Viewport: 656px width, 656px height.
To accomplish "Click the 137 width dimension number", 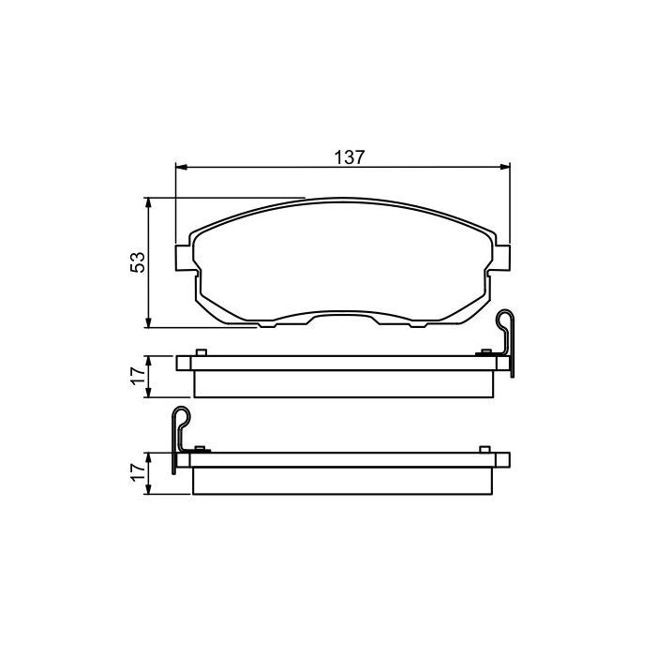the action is [x=350, y=157].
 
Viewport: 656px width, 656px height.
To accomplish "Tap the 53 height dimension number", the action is [x=138, y=262].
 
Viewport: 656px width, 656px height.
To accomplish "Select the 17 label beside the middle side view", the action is [x=138, y=377].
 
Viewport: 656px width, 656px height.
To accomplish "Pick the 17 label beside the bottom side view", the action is [x=138, y=472].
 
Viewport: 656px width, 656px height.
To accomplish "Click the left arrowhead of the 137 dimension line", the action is [x=181, y=167].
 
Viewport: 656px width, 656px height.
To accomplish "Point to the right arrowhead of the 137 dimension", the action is [x=505, y=167].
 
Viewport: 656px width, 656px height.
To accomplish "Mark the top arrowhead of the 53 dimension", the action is [x=148, y=203].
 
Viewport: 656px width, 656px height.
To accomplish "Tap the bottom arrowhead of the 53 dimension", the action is [x=148, y=322].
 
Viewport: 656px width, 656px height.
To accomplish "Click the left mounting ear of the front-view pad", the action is [x=184, y=258].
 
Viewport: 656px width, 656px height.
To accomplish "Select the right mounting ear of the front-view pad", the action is [x=501, y=258].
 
